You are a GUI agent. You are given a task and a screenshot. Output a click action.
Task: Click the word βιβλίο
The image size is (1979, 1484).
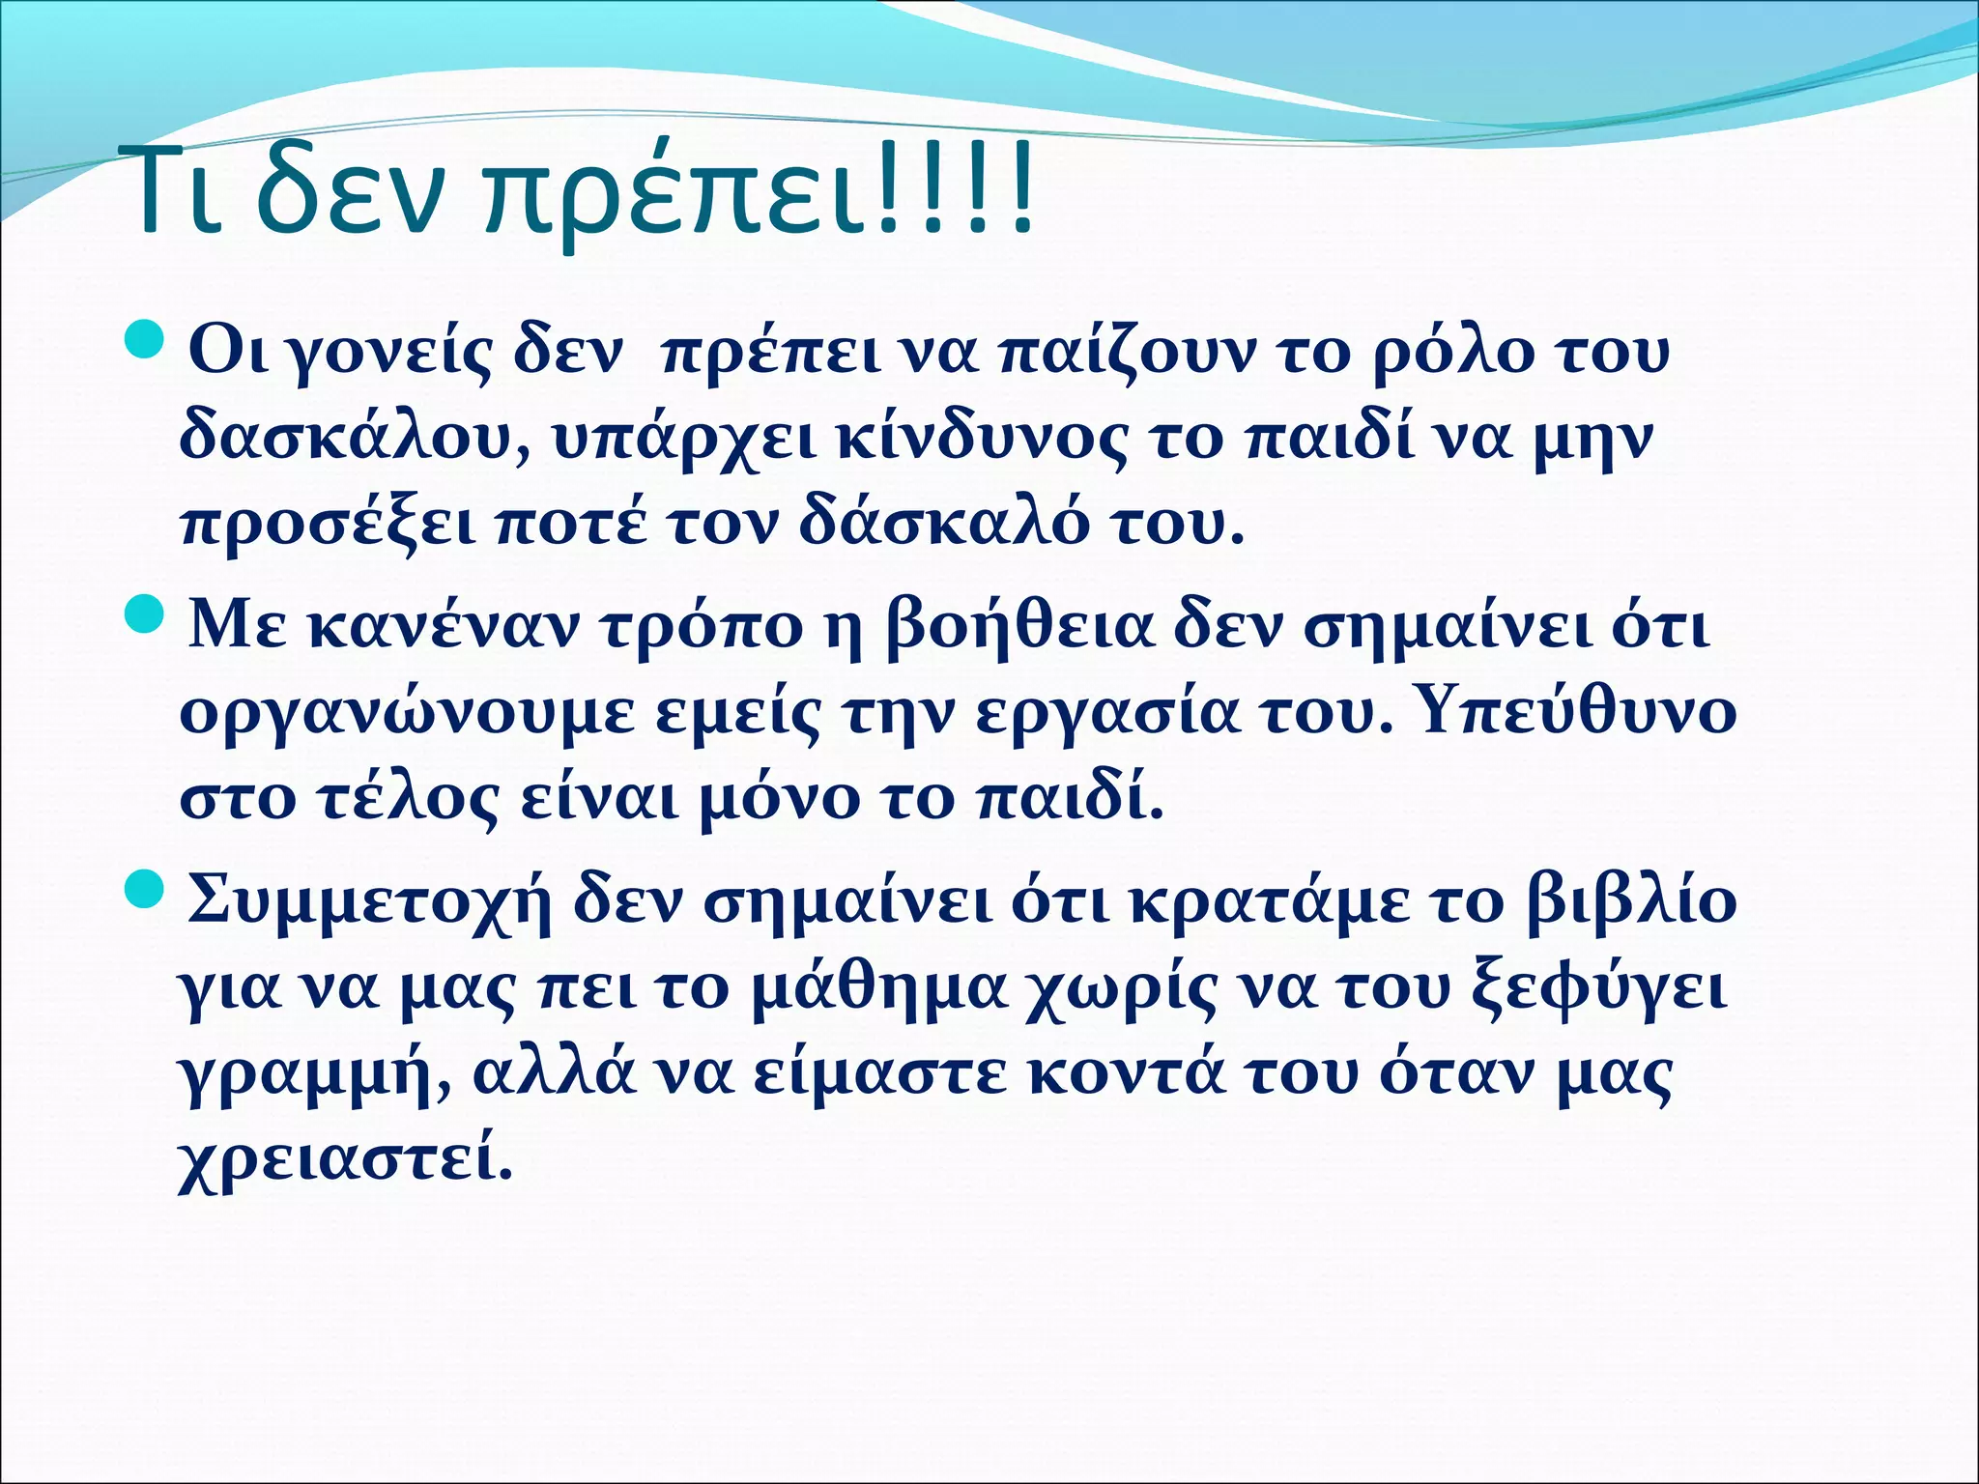1633,902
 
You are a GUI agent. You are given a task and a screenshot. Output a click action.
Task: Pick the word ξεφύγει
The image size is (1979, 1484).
1595,991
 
